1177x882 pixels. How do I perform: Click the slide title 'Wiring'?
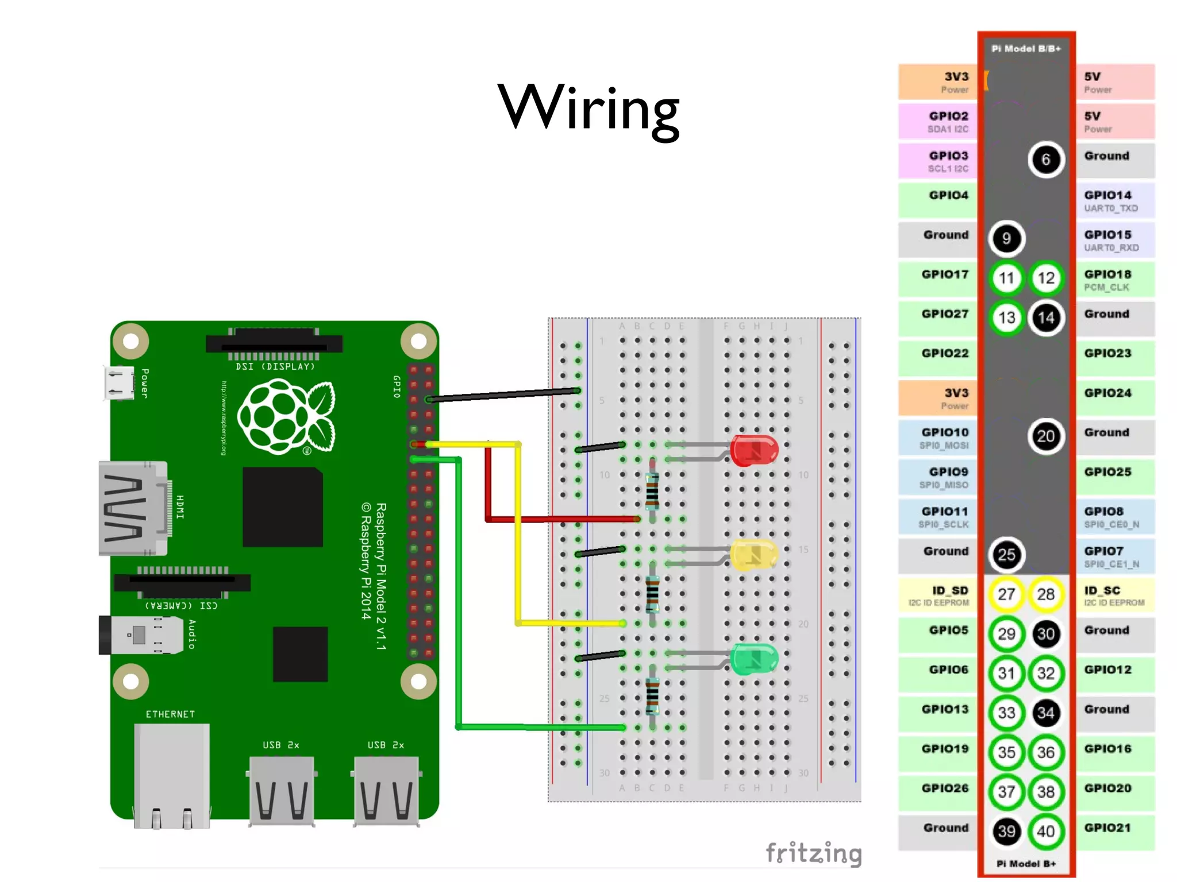pos(588,108)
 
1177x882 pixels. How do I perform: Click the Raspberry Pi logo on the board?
pos(286,417)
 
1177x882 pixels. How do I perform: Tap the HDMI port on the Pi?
pos(133,508)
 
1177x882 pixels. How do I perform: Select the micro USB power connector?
pos(118,382)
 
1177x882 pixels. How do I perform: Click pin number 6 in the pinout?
pos(1046,159)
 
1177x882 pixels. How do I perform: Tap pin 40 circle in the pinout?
pos(1046,831)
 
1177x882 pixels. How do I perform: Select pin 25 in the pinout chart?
pos(1006,555)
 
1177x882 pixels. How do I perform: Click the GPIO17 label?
pos(945,274)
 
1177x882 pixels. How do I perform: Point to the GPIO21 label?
pos(1107,827)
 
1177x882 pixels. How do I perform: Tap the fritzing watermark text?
pos(814,853)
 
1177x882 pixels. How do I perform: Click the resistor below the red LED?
pos(652,491)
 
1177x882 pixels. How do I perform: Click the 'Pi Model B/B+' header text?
pos(1026,49)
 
